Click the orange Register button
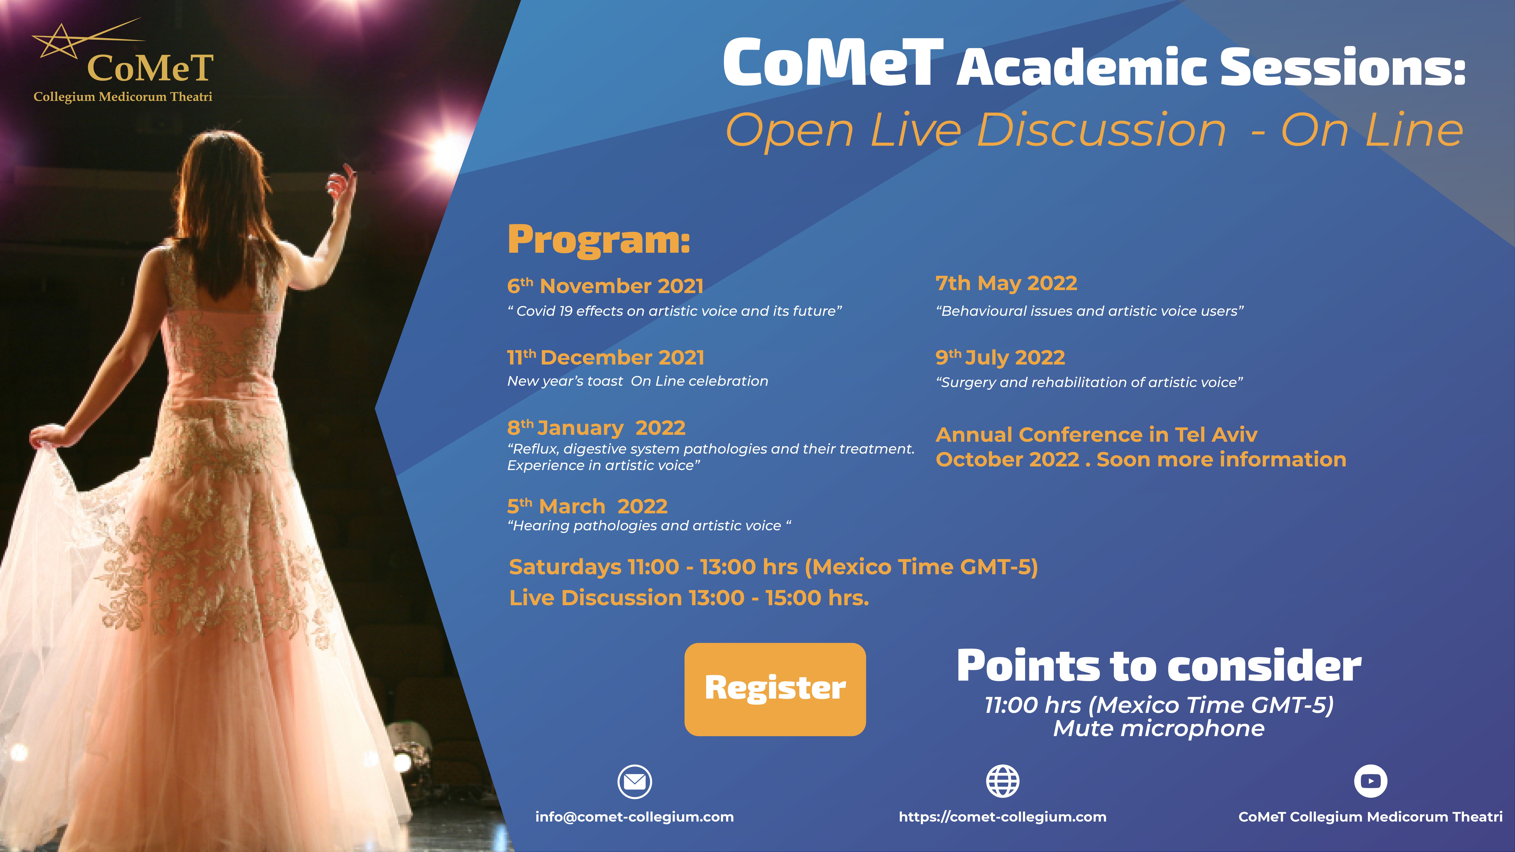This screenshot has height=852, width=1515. [775, 689]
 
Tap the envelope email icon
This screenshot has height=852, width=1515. [635, 781]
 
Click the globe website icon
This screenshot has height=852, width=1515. [1003, 781]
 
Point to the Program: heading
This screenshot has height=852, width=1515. [599, 241]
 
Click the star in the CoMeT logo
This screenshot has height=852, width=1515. [58, 42]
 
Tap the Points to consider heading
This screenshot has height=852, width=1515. [1159, 666]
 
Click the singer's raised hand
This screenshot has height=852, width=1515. [341, 182]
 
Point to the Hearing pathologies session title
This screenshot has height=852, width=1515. [649, 526]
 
